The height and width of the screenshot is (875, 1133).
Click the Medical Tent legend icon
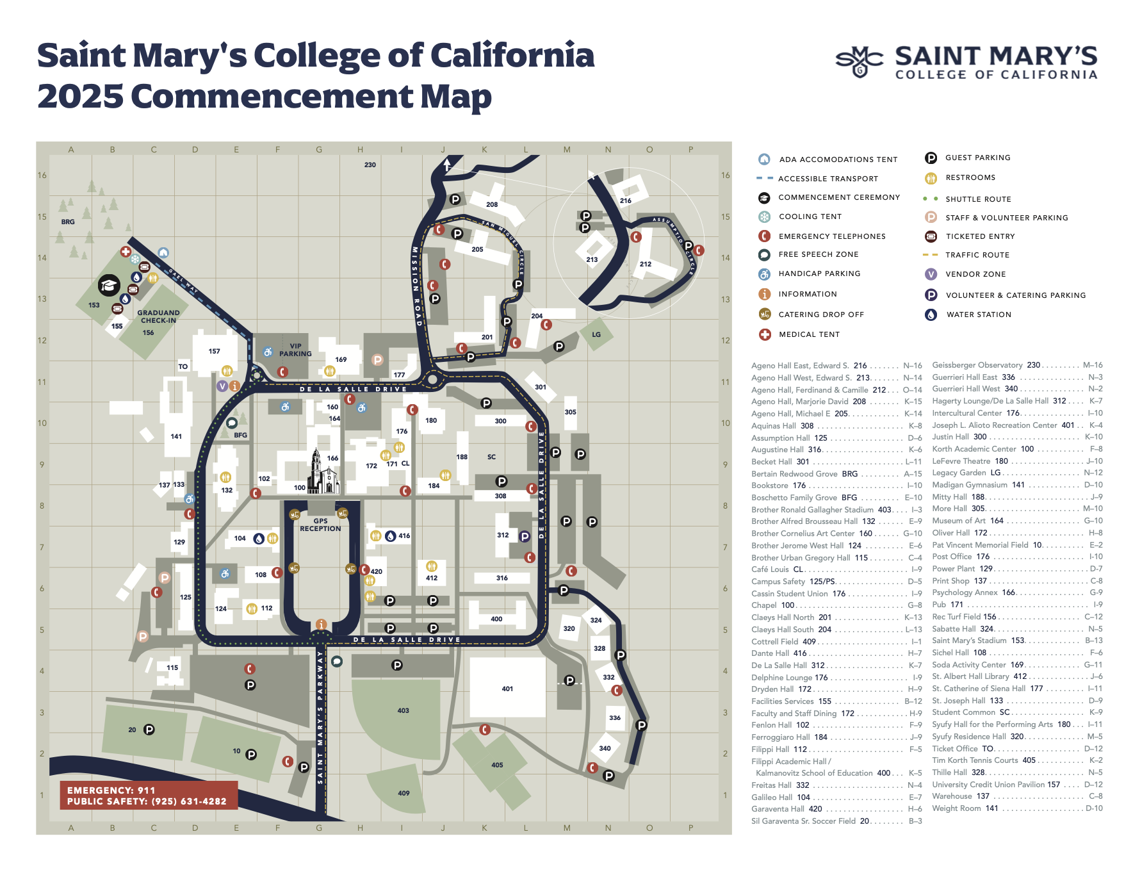765,334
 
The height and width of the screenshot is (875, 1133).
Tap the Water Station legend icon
931,315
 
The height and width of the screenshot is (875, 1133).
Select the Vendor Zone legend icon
931,274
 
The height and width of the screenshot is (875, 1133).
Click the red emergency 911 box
149,796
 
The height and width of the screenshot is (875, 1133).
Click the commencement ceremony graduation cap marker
109,285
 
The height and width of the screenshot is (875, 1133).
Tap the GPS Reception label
320,525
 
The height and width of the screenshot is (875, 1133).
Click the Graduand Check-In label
158,316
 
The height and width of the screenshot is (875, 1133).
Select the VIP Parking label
295,350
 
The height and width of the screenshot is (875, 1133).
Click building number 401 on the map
507,689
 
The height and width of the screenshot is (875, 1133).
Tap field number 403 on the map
403,710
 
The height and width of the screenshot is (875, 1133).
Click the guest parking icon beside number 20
149,730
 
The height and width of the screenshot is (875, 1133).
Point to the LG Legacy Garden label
596,334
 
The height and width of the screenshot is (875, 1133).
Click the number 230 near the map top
370,165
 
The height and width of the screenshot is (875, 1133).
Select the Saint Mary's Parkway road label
320,717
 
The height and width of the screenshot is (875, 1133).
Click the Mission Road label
416,285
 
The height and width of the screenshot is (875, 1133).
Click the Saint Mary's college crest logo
860,61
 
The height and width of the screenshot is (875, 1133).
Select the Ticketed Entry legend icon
931,236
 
